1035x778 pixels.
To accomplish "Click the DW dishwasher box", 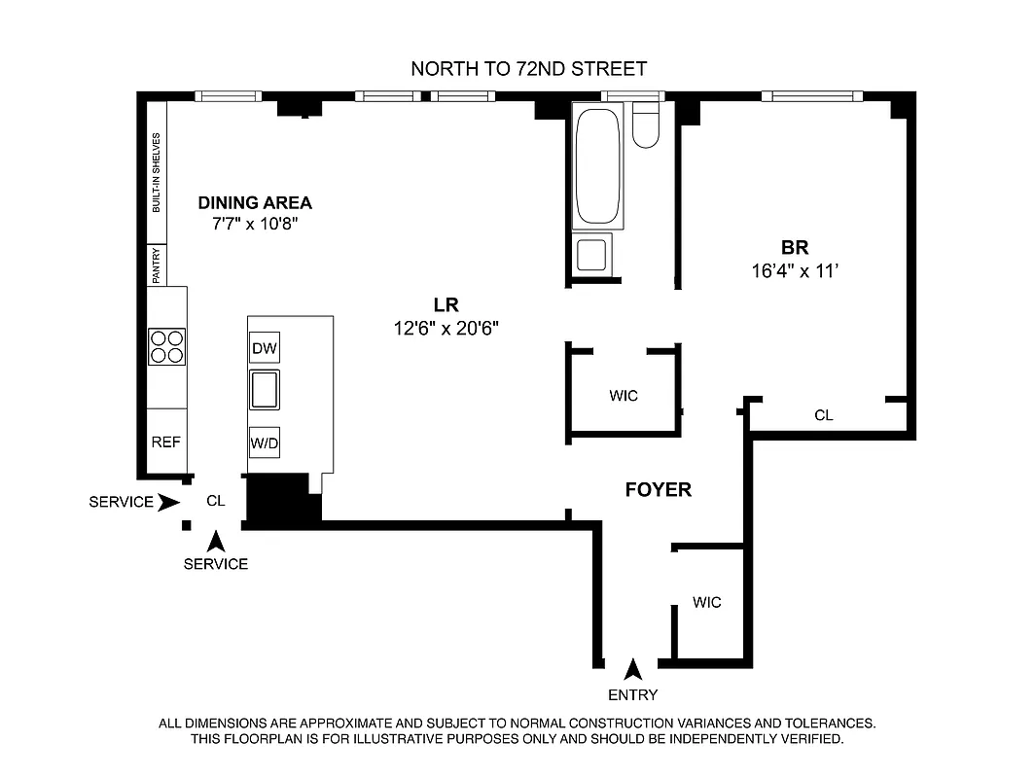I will [265, 348].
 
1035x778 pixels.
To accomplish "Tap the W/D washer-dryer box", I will [265, 442].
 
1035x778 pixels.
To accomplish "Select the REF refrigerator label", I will [166, 442].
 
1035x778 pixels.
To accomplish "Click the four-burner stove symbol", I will [166, 346].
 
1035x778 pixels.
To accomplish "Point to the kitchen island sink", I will [265, 390].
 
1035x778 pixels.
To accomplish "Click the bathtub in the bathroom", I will [596, 167].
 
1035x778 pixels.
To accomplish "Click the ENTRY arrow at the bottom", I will [633, 669].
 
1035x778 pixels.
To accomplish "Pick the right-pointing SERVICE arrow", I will [168, 503].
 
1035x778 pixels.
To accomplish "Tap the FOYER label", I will [659, 490].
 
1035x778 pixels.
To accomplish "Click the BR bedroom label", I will [795, 247].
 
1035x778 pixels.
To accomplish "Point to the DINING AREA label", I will [255, 203].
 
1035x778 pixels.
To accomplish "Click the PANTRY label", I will [156, 265].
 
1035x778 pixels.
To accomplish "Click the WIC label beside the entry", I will [707, 603].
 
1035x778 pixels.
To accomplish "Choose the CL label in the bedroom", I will [824, 416].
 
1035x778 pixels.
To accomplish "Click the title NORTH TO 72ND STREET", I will [529, 69].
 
